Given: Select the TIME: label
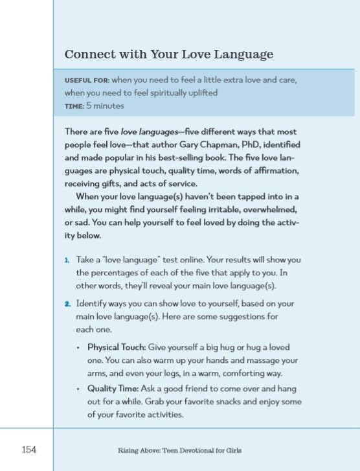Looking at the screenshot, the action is [74, 106].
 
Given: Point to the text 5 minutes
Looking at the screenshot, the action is [105, 106].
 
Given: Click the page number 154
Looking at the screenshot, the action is [28, 449].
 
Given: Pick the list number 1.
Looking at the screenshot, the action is [67, 260].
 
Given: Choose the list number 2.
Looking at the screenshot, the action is [67, 303].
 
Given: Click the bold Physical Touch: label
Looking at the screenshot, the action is [117, 347].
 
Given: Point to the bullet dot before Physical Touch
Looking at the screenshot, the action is [78, 347].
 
